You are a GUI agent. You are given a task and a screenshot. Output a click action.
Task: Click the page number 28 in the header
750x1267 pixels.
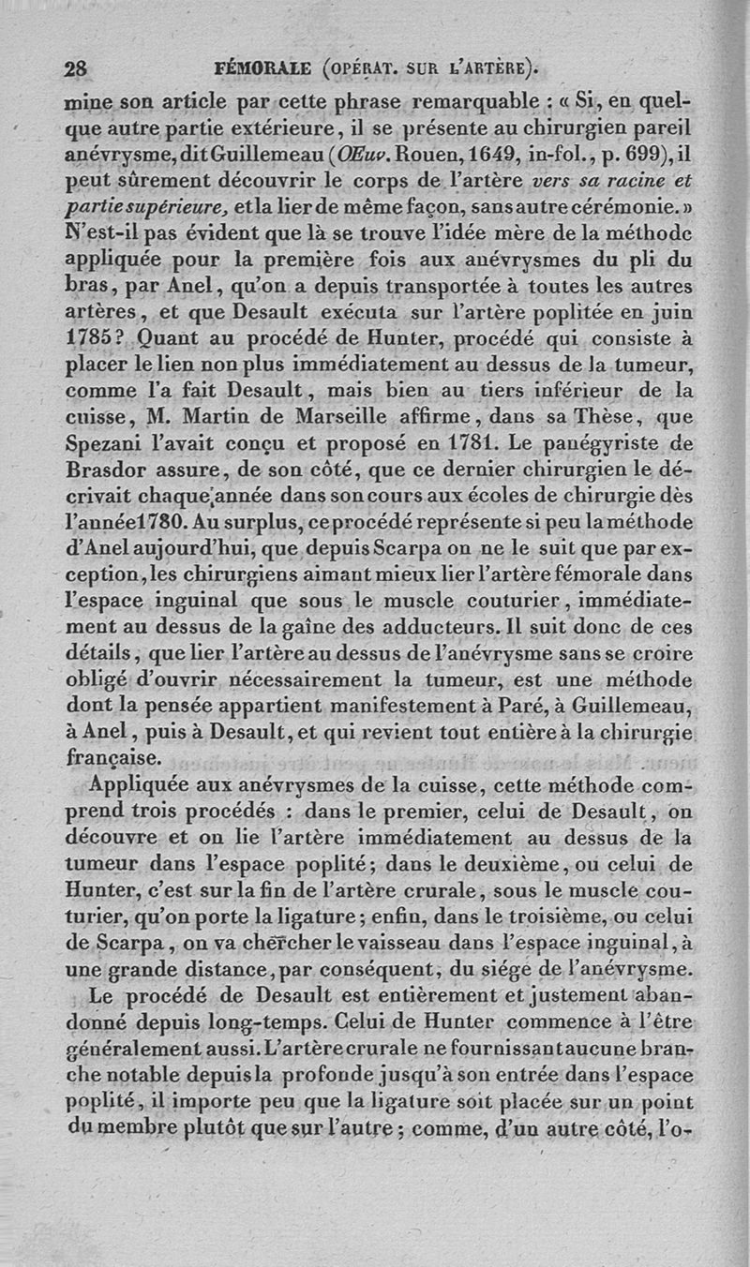coord(75,68)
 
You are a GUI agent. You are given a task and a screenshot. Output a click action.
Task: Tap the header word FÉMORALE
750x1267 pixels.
coord(262,68)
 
